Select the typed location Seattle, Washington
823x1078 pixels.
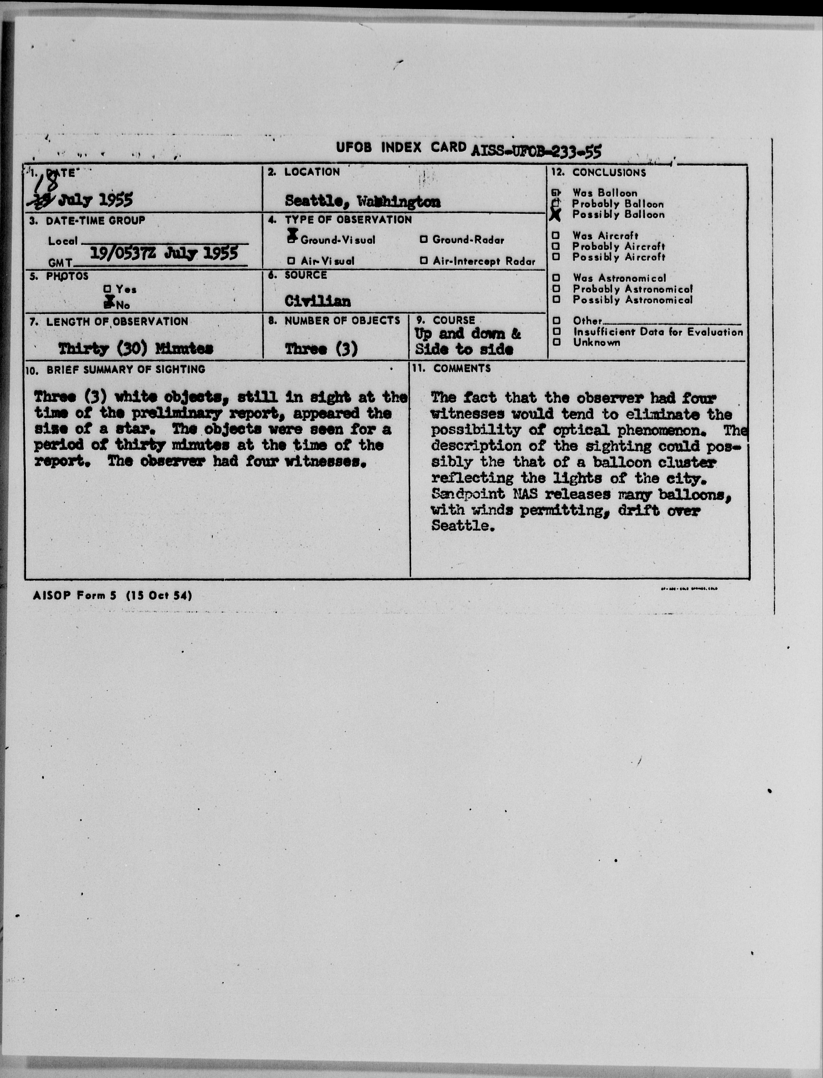362,201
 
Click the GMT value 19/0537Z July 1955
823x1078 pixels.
164,253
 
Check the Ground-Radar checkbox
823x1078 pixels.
424,240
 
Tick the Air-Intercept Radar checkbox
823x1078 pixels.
424,261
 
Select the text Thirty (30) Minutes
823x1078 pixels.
136,349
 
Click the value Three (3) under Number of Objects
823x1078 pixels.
321,349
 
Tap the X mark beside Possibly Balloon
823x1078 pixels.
555,215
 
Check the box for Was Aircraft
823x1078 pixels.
556,236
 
